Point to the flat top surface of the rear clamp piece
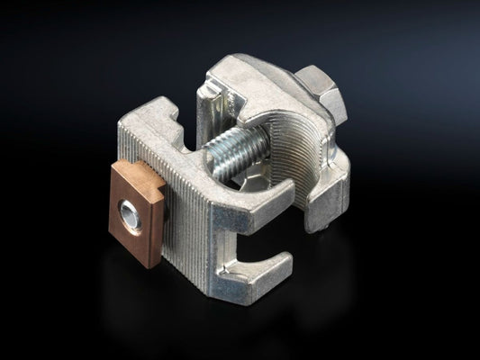tap(261, 85)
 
